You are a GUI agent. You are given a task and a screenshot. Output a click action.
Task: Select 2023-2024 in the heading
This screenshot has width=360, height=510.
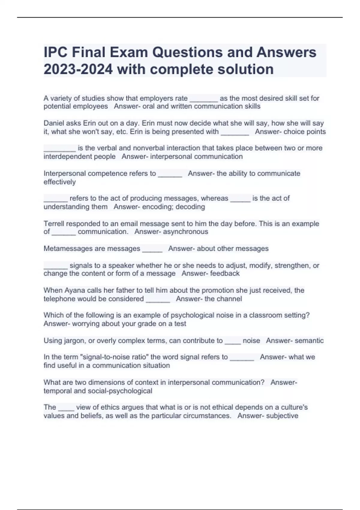click(x=78, y=69)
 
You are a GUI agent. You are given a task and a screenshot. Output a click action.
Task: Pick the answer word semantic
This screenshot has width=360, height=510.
click(x=309, y=341)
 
